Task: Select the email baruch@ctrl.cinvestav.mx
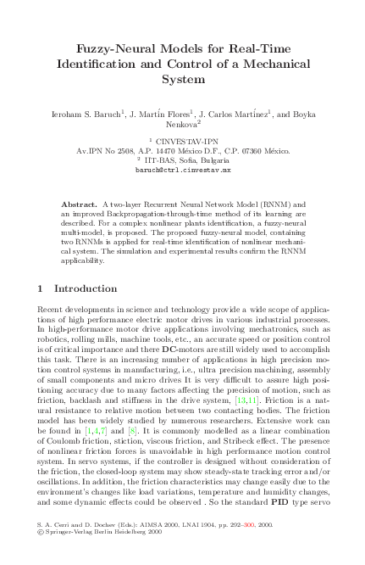pyautogui.click(x=183, y=170)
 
